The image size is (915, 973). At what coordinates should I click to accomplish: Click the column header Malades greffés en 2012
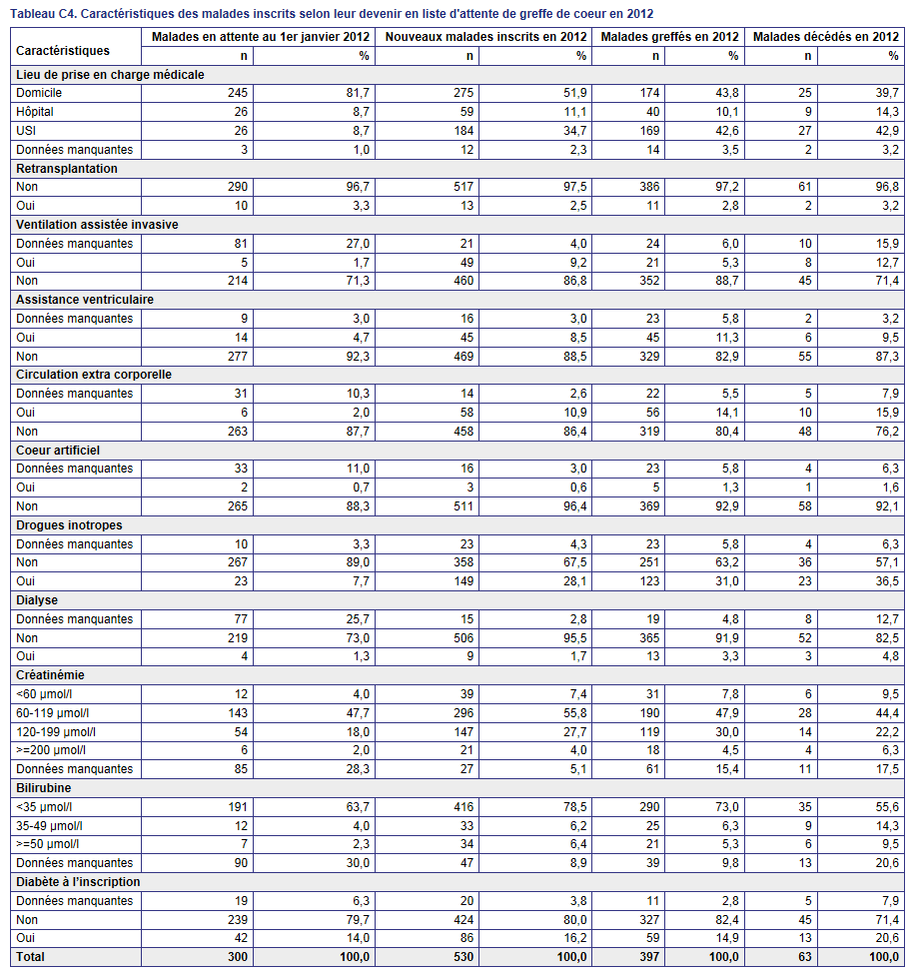(669, 37)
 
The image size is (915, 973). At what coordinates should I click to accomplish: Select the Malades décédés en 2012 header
(826, 37)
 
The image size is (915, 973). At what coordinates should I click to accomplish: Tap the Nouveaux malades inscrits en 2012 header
(485, 37)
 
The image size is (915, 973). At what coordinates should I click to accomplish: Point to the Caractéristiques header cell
(63, 51)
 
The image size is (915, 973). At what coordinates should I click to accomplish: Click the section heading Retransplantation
(66, 168)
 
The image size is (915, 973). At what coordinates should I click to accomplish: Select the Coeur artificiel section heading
(58, 450)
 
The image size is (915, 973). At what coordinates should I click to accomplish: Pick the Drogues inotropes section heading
(69, 525)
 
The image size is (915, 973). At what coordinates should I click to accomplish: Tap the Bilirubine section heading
(43, 787)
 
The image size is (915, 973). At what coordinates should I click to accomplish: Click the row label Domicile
(39, 93)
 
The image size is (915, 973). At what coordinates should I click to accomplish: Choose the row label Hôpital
(35, 112)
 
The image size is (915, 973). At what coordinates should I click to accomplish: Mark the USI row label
(26, 130)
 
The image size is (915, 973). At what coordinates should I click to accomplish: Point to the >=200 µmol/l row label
(51, 749)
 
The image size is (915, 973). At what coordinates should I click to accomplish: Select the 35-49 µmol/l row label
(49, 825)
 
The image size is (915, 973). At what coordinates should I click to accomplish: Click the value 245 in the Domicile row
(237, 93)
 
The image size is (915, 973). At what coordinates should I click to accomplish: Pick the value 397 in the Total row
(649, 956)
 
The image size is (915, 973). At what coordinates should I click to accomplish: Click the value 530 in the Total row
(462, 956)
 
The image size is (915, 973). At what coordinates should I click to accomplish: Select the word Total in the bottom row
(30, 956)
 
